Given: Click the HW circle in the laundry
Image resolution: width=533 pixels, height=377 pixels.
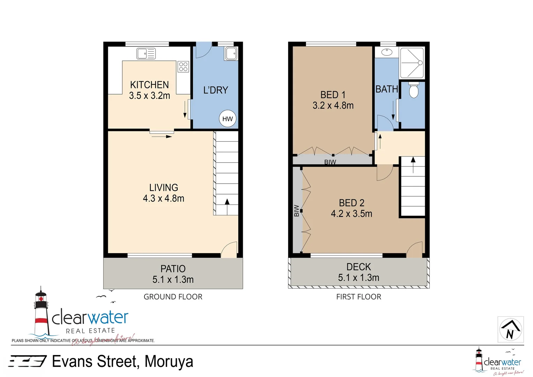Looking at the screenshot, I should point(227,119).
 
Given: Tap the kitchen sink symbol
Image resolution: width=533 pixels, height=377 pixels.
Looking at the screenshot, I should point(146,54).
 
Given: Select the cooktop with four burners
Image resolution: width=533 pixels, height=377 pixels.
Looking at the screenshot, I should point(183,66).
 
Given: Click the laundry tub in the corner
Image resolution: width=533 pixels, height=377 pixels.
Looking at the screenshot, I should point(231,53).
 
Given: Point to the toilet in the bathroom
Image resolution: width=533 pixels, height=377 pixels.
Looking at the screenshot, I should point(413,90).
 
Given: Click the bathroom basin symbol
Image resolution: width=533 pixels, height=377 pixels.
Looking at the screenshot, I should point(386,52).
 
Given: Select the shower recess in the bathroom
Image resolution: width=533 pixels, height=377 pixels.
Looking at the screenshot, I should point(412,63).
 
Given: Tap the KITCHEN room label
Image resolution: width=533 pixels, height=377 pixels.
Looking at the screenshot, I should point(149,85).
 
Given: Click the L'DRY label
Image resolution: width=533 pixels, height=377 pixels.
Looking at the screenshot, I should point(216,90).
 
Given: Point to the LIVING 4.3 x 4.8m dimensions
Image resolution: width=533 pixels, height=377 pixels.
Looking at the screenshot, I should point(163,198).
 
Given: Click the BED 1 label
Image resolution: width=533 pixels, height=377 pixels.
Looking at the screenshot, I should point(333,95).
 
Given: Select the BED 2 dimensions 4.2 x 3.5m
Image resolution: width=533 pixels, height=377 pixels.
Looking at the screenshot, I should point(351,214).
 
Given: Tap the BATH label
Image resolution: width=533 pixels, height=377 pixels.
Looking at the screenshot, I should point(386,89).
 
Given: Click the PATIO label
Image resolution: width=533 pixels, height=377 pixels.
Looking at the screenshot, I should point(173,269).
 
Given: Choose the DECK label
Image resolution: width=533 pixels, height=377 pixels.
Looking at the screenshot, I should point(359,267).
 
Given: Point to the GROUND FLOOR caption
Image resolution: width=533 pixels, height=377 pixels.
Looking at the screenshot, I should point(173,297).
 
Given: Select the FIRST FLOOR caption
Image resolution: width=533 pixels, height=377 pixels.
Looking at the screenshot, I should point(359,297).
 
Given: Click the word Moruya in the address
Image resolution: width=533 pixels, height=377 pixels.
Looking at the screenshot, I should point(169,362).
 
